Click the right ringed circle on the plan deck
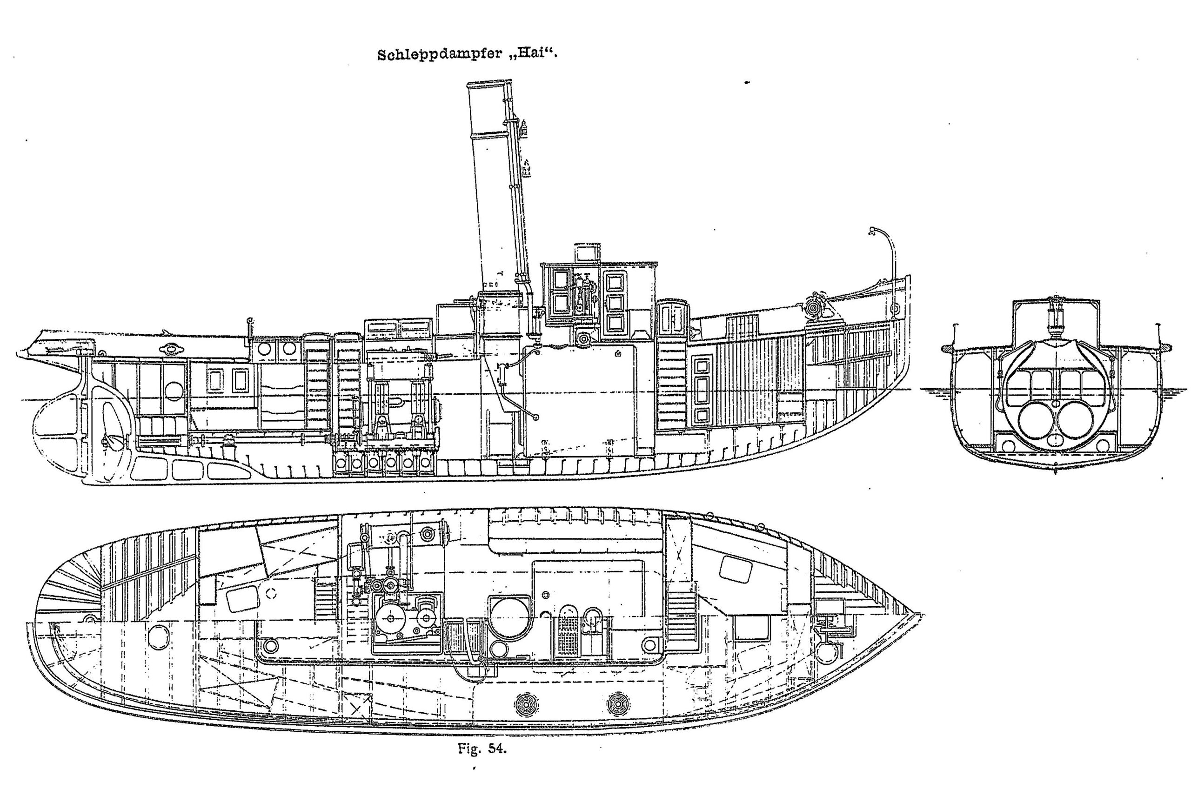coord(618,703)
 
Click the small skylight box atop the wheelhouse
coord(587,252)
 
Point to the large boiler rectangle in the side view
coord(579,401)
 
